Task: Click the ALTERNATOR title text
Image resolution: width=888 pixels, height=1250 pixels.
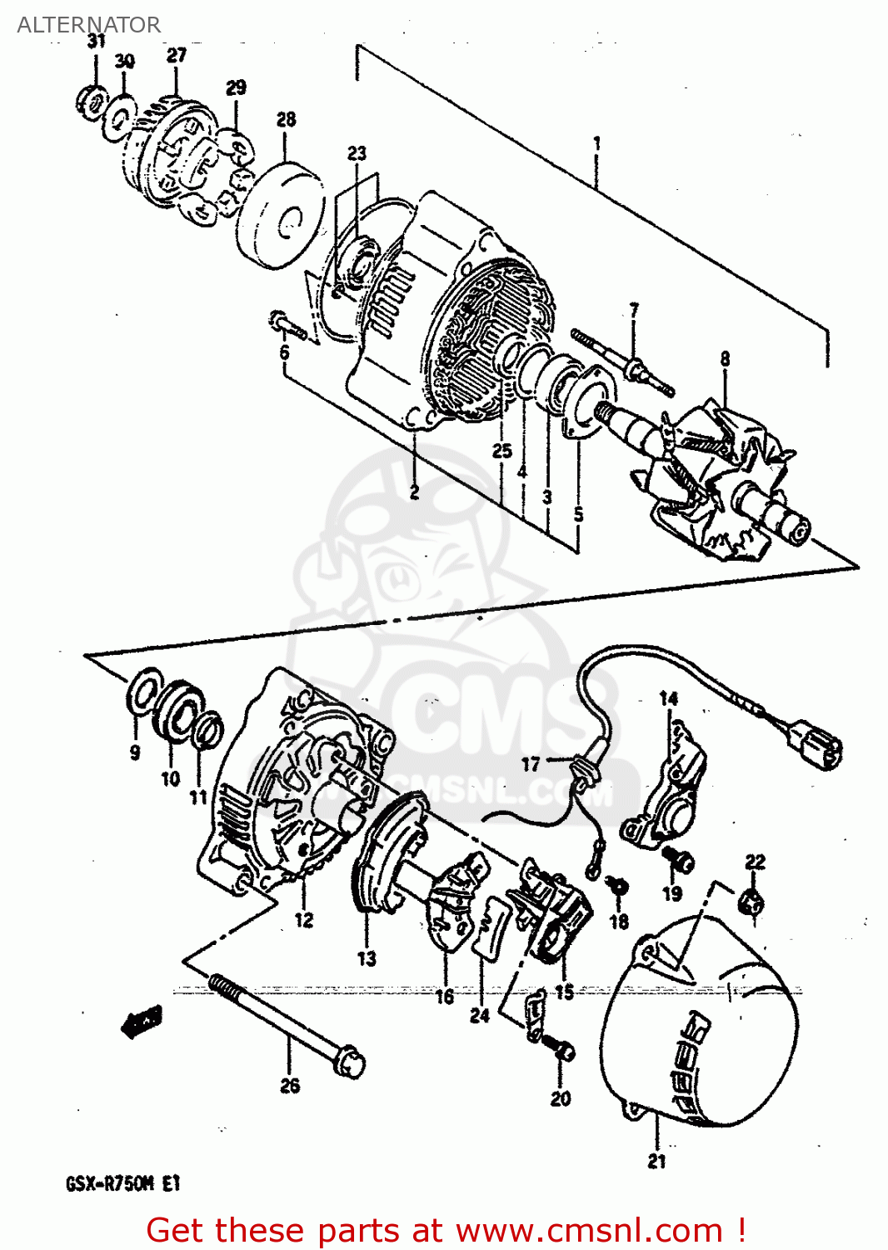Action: [88, 25]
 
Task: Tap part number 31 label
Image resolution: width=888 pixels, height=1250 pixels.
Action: [97, 42]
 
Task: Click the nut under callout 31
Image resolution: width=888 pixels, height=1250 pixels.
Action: [91, 102]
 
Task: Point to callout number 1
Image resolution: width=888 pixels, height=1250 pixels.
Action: [596, 143]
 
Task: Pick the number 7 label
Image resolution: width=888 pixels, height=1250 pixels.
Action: [634, 310]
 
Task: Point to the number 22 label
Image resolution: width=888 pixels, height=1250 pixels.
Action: [755, 862]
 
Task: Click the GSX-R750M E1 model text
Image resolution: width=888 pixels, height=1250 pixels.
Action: [122, 1184]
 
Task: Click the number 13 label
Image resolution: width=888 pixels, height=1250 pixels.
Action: [367, 958]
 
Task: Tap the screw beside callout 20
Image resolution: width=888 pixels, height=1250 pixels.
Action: [557, 1047]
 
